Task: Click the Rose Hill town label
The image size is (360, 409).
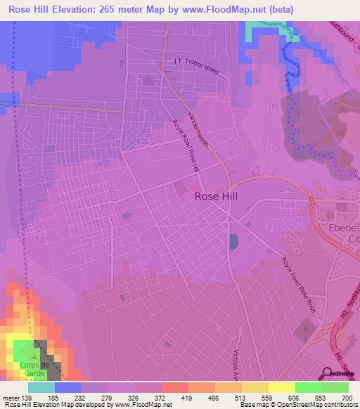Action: click(220, 197)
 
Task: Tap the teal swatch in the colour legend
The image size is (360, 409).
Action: click(41, 387)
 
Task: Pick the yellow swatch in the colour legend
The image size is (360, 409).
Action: click(281, 387)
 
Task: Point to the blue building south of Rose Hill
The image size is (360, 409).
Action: click(233, 242)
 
